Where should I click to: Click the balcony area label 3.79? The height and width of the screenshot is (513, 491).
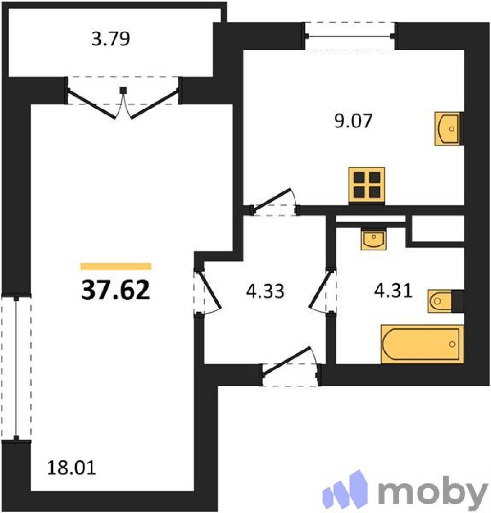click(x=111, y=39)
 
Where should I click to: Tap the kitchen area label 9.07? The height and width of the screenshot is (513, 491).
click(x=353, y=121)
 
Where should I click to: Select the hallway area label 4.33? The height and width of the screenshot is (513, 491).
click(x=265, y=291)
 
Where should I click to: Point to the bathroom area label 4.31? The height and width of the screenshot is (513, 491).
click(x=393, y=291)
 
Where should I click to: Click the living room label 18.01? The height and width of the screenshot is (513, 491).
click(x=71, y=467)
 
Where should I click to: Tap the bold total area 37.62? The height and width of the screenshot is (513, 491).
click(x=115, y=290)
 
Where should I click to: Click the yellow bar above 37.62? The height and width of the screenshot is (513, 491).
click(x=116, y=266)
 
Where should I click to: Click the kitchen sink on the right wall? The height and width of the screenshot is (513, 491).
click(x=448, y=129)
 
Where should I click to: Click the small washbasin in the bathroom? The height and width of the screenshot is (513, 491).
click(x=374, y=239)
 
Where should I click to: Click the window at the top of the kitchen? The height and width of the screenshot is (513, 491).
click(x=350, y=36)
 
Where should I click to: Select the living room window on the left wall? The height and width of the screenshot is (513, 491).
click(x=16, y=368)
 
